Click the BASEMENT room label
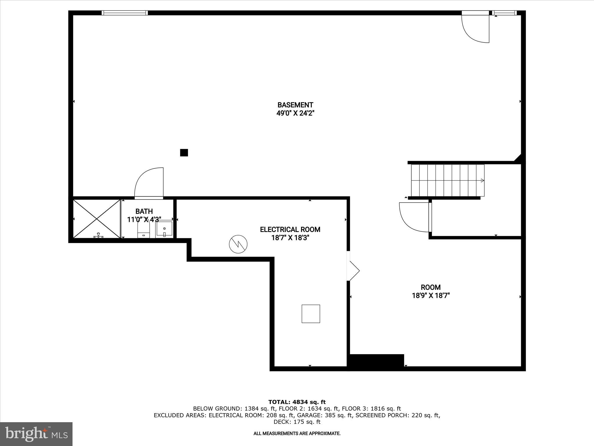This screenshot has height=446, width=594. pos(295,105)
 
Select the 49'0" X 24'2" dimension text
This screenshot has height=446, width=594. pos(295,113)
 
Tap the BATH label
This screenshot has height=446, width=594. pos(144,211)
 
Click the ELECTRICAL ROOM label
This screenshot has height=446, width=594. pos(290,229)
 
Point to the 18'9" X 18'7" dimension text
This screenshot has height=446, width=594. pos(431,296)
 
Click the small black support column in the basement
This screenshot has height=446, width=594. pos(184,152)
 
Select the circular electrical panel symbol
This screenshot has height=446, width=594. pos(238,244)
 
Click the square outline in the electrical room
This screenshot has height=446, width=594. pos(311,314)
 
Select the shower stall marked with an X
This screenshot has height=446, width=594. pos(97,219)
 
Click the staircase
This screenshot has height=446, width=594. pos(448,180)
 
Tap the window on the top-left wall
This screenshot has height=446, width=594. pos(125,13)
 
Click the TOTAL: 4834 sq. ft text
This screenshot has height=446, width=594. pos(297,402)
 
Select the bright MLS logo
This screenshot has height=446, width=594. pos(36,434)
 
